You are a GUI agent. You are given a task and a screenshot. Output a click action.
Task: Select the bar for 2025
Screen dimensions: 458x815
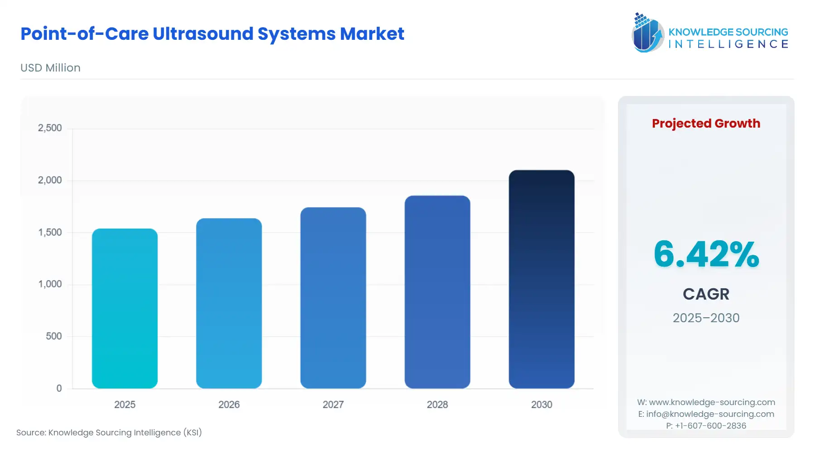click(125, 308)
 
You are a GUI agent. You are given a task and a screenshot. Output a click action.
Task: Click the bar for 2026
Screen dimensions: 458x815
click(229, 303)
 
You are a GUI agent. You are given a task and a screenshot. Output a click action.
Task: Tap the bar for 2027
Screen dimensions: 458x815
click(333, 298)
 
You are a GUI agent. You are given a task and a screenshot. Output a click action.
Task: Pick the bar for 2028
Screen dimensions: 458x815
click(437, 292)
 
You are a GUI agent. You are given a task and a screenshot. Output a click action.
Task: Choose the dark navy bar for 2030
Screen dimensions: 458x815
click(541, 279)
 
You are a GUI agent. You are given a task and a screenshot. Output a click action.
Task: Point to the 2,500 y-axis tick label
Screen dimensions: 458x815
click(50, 128)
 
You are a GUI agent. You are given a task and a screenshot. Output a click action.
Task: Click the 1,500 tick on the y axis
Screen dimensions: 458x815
click(50, 232)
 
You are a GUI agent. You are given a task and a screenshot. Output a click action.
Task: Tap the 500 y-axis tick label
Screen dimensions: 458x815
click(53, 336)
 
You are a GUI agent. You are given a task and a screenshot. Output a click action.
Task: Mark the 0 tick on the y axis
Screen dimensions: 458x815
click(59, 388)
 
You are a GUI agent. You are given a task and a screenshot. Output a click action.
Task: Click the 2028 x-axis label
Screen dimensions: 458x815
click(437, 405)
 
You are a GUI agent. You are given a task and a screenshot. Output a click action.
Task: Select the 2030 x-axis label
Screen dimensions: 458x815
click(542, 405)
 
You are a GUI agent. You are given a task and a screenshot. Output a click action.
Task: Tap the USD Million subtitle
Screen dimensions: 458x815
click(50, 68)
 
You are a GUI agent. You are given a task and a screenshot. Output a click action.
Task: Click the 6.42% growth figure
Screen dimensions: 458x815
click(706, 254)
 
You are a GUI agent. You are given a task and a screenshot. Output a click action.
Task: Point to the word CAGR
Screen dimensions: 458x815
click(706, 294)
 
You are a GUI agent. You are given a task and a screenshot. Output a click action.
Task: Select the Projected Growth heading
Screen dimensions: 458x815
click(706, 124)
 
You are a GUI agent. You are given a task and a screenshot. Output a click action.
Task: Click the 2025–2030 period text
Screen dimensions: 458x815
click(706, 318)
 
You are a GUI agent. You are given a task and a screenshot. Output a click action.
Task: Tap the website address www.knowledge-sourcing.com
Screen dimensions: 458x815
click(712, 402)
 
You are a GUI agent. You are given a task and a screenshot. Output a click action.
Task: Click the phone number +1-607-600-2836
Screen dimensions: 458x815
click(710, 426)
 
